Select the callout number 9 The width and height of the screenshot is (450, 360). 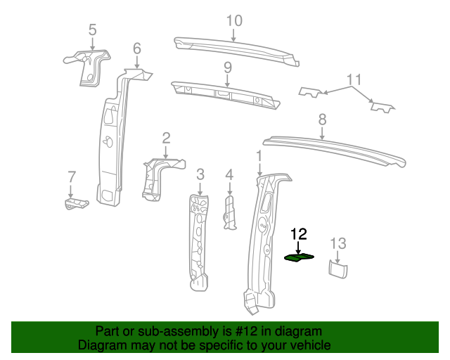tap(228, 67)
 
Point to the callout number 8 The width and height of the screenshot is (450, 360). tap(323, 119)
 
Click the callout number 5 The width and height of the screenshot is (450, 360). tap(92, 30)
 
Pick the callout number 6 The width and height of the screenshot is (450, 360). tap(137, 49)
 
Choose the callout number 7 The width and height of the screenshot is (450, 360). tap(71, 176)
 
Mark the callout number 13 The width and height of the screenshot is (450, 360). tap(338, 243)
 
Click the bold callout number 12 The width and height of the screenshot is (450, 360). tap(299, 234)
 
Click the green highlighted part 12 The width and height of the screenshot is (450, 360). tap(299, 257)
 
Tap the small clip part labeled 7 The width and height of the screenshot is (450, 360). tap(75, 204)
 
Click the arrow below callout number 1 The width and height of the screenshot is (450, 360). tap(259, 167)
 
